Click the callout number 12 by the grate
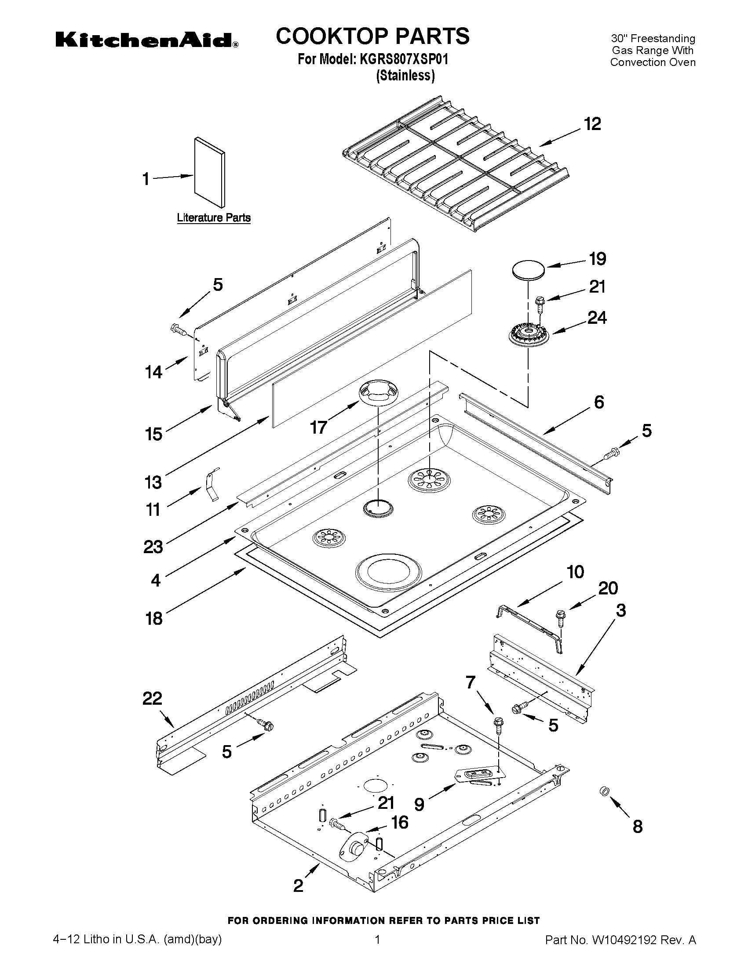(x=592, y=124)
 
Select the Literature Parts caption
(x=214, y=218)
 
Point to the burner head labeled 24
(x=529, y=336)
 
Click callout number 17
(x=318, y=427)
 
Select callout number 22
(x=153, y=698)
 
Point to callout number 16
(x=400, y=822)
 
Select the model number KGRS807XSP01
(x=404, y=59)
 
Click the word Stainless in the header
(x=405, y=76)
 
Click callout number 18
(x=154, y=618)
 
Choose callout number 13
(x=153, y=482)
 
